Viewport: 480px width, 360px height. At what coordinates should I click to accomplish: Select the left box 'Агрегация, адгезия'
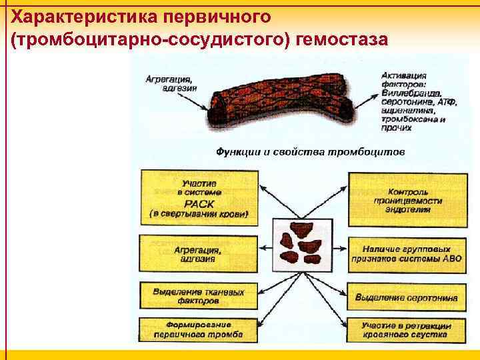click(x=198, y=254)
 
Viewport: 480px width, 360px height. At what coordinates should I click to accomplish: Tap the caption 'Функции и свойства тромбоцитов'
click(x=310, y=151)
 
